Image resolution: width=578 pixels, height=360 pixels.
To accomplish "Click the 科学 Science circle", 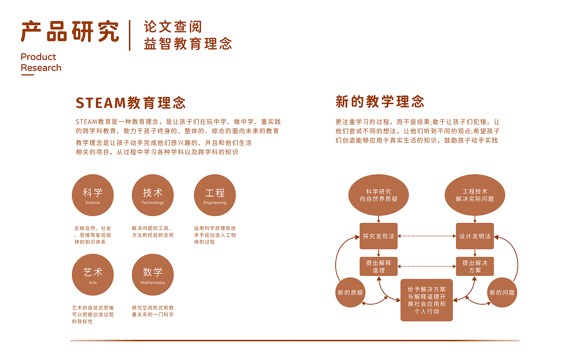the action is coord(92,195).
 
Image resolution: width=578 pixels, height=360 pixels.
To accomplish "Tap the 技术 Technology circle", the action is coord(153,195).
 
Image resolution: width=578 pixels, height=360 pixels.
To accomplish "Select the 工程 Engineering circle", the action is coord(215,195).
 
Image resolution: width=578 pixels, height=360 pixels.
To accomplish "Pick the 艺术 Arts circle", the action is coord(92,275).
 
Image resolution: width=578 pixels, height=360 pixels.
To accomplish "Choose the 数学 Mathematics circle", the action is coord(153,275).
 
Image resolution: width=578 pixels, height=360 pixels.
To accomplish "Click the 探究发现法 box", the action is coord(379,236).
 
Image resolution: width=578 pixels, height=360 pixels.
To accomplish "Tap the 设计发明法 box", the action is coord(475,236).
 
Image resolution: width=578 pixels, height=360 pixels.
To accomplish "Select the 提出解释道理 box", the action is coord(379,266).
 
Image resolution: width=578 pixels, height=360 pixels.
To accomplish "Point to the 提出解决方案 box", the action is coord(475,266).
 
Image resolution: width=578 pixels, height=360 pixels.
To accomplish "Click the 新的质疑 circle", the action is coord(350,292).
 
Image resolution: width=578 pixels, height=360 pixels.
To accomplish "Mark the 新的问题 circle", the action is coord(502,292).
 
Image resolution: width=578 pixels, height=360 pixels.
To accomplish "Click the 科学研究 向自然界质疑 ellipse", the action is coord(379,195).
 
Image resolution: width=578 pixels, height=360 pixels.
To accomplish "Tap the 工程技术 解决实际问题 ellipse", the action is coord(475,195).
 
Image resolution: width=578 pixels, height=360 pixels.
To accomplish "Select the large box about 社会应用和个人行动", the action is coord(426,300).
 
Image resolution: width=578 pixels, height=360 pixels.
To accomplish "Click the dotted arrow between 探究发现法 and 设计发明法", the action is coord(427,236).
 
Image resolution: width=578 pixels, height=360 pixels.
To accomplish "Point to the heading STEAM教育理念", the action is coord(130,103).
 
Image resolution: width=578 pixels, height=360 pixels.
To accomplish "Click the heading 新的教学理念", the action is coord(380,102).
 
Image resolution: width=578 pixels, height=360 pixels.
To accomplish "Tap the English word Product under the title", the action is coord(38,57).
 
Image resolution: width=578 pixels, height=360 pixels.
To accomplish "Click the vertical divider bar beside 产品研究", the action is coord(130,35).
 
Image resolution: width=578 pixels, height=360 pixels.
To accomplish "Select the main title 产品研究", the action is coord(70,31).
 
